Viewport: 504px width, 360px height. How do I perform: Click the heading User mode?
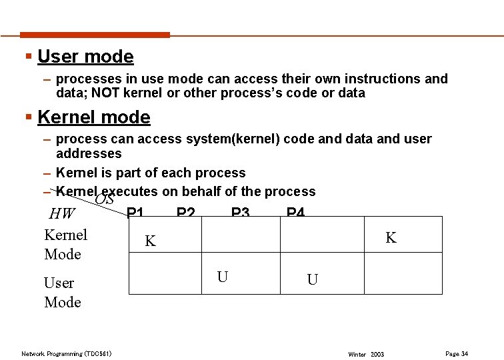pos(85,57)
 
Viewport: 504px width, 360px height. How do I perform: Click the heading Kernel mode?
pos(94,117)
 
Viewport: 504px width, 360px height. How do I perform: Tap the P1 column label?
pos(135,212)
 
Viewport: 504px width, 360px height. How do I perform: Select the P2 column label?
pos(185,212)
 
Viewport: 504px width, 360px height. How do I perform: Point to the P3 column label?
pos(240,212)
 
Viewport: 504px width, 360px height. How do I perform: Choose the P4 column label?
pos(295,212)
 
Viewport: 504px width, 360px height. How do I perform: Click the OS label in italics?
pos(105,200)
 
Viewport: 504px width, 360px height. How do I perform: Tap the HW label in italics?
pos(63,214)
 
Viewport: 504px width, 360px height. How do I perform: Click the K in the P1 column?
pos(150,241)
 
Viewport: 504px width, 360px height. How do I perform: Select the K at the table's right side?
pos(391,237)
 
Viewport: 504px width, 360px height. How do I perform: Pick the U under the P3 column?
pos(223,276)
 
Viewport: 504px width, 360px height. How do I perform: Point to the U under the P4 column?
pos(312,280)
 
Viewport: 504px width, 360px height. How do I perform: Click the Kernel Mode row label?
pos(65,244)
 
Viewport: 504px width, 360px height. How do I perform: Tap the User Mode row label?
pos(62,292)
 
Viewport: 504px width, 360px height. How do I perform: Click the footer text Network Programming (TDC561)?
pos(66,353)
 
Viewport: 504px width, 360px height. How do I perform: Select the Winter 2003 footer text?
pos(366,354)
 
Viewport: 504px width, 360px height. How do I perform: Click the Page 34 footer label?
pos(456,353)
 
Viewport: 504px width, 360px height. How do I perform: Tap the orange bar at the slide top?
pos(95,35)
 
